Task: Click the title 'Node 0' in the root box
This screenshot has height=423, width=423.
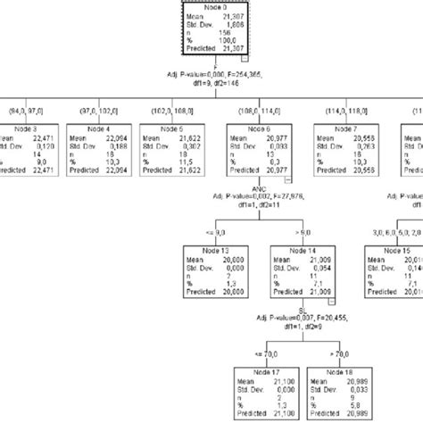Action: click(x=211, y=6)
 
